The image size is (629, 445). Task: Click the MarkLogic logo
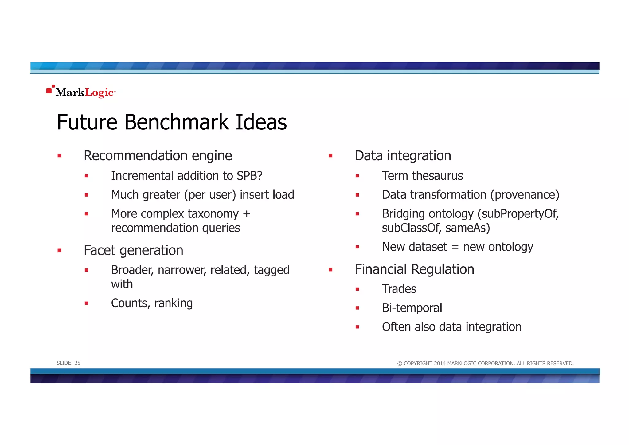[81, 92]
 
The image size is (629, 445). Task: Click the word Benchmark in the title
[176, 122]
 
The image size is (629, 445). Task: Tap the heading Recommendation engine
[158, 156]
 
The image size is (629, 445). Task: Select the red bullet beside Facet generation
[60, 251]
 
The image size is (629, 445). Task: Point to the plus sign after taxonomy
[247, 214]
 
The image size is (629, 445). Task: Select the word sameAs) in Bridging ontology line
[467, 228]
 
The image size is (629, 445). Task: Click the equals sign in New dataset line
[455, 247]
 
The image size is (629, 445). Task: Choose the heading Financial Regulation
[414, 269]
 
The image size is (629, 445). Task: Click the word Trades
[399, 289]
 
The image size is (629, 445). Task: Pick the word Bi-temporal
[412, 308]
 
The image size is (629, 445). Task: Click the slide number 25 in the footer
[77, 363]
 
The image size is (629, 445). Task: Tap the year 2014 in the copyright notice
[440, 364]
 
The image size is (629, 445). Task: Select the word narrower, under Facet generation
[182, 270]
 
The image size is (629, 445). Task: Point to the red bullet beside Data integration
[330, 156]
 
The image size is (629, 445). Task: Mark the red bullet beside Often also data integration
[357, 327]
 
